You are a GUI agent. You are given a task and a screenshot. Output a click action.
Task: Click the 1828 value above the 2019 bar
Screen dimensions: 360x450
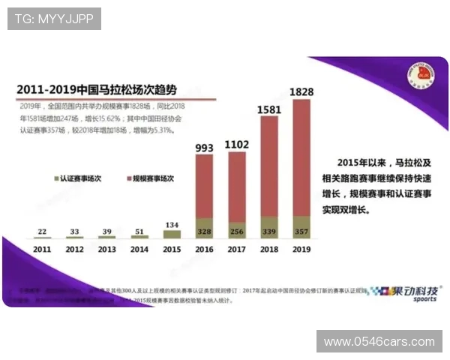pos(301,91)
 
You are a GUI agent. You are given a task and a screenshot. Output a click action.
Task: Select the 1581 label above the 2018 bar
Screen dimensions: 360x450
pos(268,109)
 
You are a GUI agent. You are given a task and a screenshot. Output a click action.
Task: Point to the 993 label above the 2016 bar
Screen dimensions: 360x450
pos(205,148)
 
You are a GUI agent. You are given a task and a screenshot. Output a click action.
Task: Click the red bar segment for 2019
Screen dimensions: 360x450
pos(301,157)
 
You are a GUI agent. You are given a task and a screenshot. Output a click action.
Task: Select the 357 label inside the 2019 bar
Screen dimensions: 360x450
pos(301,232)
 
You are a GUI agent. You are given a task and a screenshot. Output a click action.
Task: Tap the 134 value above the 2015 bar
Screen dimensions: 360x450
pos(172,224)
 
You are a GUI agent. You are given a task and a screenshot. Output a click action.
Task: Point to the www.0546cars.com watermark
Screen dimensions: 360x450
pos(379,342)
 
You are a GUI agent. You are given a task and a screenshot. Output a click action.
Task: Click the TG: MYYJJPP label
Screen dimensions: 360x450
pos(55,19)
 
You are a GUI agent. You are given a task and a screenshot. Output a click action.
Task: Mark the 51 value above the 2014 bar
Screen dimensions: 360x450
pos(139,230)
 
